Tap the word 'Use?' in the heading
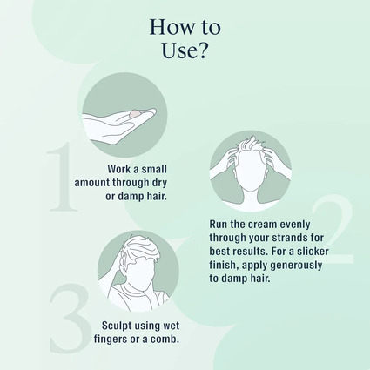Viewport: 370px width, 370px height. pyautogui.click(x=185, y=50)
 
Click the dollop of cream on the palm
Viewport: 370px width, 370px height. pyautogui.click(x=136, y=113)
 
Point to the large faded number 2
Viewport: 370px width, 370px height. pyautogui.click(x=333, y=229)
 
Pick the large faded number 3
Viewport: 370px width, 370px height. pyautogui.click(x=71, y=317)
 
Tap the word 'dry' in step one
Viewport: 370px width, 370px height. pyautogui.click(x=159, y=183)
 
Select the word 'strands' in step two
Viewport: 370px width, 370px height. pyautogui.click(x=284, y=238)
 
